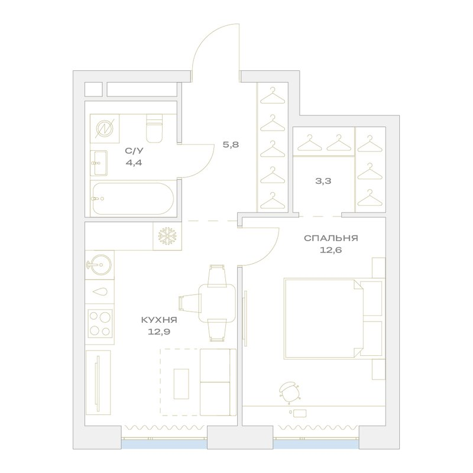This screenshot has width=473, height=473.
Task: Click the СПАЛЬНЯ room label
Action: [x=331, y=238]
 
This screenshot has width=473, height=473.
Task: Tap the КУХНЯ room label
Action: [x=159, y=320]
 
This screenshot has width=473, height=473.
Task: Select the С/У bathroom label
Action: [x=134, y=151]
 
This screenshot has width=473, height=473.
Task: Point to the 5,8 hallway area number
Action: [x=231, y=145]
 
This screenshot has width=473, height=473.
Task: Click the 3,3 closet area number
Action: [x=323, y=181]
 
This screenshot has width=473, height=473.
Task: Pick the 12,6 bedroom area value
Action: [x=331, y=250]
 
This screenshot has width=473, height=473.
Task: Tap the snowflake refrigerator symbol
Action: [x=167, y=236]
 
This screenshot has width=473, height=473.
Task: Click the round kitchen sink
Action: [x=99, y=265]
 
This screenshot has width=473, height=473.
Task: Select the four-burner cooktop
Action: [x=100, y=323]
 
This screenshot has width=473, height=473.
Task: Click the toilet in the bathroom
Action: [x=154, y=128]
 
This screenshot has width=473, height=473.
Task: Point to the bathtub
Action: [x=133, y=199]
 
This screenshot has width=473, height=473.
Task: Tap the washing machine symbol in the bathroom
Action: [x=105, y=128]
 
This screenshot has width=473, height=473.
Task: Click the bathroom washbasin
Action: [x=99, y=163]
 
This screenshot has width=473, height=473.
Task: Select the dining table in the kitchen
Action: [x=217, y=303]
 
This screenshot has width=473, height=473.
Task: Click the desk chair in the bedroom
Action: [x=289, y=392]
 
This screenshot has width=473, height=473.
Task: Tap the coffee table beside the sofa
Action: [x=182, y=383]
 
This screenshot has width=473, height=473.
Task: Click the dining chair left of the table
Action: [x=189, y=303]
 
